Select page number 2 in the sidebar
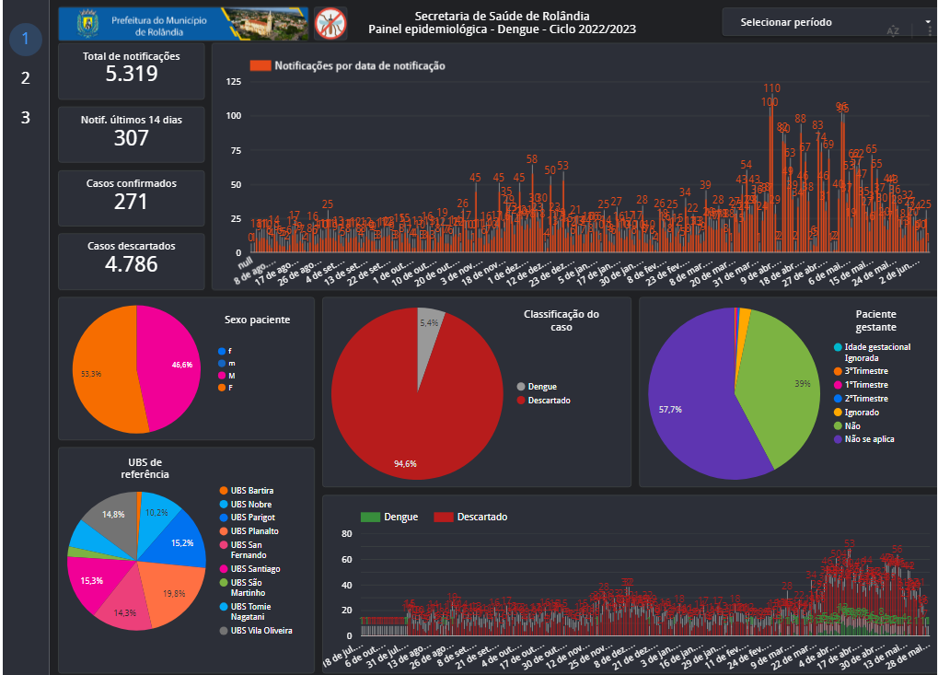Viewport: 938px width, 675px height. [26, 78]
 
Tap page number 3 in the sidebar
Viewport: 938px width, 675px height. [26, 118]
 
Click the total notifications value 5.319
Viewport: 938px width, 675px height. [132, 74]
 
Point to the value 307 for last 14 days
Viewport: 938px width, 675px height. [132, 138]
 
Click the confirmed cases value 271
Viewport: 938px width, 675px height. [132, 201]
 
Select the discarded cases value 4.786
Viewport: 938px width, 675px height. [132, 263]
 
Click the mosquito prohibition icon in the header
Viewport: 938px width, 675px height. [330, 23]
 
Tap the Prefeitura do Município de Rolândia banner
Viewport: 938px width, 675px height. [184, 24]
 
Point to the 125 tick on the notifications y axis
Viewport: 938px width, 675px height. [233, 83]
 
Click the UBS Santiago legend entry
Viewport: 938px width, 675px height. [255, 569]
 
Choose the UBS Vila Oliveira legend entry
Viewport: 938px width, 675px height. [261, 631]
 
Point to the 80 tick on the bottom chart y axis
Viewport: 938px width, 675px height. [347, 534]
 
